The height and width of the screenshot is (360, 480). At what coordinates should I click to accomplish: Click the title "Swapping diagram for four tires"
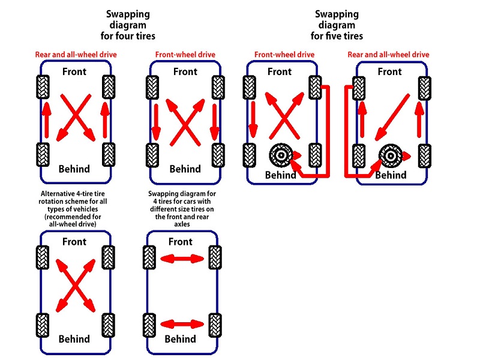pyautogui.click(x=128, y=25)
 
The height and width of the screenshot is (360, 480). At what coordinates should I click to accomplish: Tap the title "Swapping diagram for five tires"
pyautogui.click(x=337, y=25)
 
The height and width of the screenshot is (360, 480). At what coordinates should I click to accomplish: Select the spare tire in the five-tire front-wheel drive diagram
pyautogui.click(x=281, y=155)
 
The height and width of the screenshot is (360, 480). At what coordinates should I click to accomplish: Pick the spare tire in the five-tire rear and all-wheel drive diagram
pyautogui.click(x=391, y=156)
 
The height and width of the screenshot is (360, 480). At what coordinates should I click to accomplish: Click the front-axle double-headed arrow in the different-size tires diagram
pyautogui.click(x=182, y=259)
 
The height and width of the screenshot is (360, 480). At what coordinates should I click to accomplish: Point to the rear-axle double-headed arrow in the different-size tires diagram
pyautogui.click(x=182, y=324)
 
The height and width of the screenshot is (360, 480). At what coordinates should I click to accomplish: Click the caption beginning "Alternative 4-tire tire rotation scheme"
pyautogui.click(x=73, y=209)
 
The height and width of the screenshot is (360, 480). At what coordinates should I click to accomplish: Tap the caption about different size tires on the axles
pyautogui.click(x=182, y=209)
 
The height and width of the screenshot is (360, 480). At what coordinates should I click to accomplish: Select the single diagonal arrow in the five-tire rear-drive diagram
pyautogui.click(x=392, y=118)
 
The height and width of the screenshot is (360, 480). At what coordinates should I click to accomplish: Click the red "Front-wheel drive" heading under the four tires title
pyautogui.click(x=185, y=55)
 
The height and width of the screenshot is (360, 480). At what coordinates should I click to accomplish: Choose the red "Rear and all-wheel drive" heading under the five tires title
pyautogui.click(x=388, y=55)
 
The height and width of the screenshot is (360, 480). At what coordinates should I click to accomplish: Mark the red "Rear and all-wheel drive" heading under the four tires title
pyautogui.click(x=76, y=55)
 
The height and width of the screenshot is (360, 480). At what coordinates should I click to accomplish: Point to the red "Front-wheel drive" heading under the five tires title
pyautogui.click(x=284, y=55)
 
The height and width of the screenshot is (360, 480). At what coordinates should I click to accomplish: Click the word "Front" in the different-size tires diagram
pyautogui.click(x=181, y=242)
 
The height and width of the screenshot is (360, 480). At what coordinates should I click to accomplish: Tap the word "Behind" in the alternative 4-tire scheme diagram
pyautogui.click(x=74, y=339)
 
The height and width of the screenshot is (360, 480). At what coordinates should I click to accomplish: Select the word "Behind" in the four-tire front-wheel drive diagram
pyautogui.click(x=185, y=169)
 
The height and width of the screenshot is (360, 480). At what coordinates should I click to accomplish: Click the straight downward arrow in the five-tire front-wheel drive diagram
pyautogui.click(x=253, y=119)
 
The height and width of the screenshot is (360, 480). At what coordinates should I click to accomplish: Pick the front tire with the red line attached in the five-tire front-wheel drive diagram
pyautogui.click(x=315, y=88)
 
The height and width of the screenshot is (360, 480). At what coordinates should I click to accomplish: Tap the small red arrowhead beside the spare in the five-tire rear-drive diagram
pyautogui.click(x=406, y=156)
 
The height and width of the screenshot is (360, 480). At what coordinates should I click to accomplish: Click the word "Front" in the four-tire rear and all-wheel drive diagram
pyautogui.click(x=74, y=71)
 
